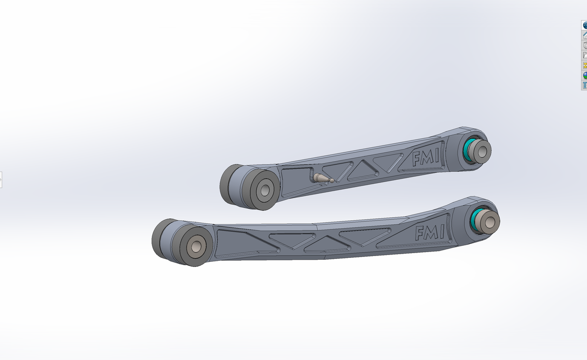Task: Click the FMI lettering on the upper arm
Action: pos(426,158)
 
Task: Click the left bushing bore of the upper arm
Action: pos(264,189)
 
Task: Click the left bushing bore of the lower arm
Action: pos(196,246)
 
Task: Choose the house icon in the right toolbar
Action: pos(584,35)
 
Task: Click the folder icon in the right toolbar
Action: pos(584,55)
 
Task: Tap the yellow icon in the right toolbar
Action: pos(584,65)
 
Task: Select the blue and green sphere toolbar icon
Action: pos(584,75)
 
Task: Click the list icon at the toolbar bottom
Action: pos(584,86)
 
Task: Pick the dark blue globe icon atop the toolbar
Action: pos(584,25)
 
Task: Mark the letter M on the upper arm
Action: pos(426,158)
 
